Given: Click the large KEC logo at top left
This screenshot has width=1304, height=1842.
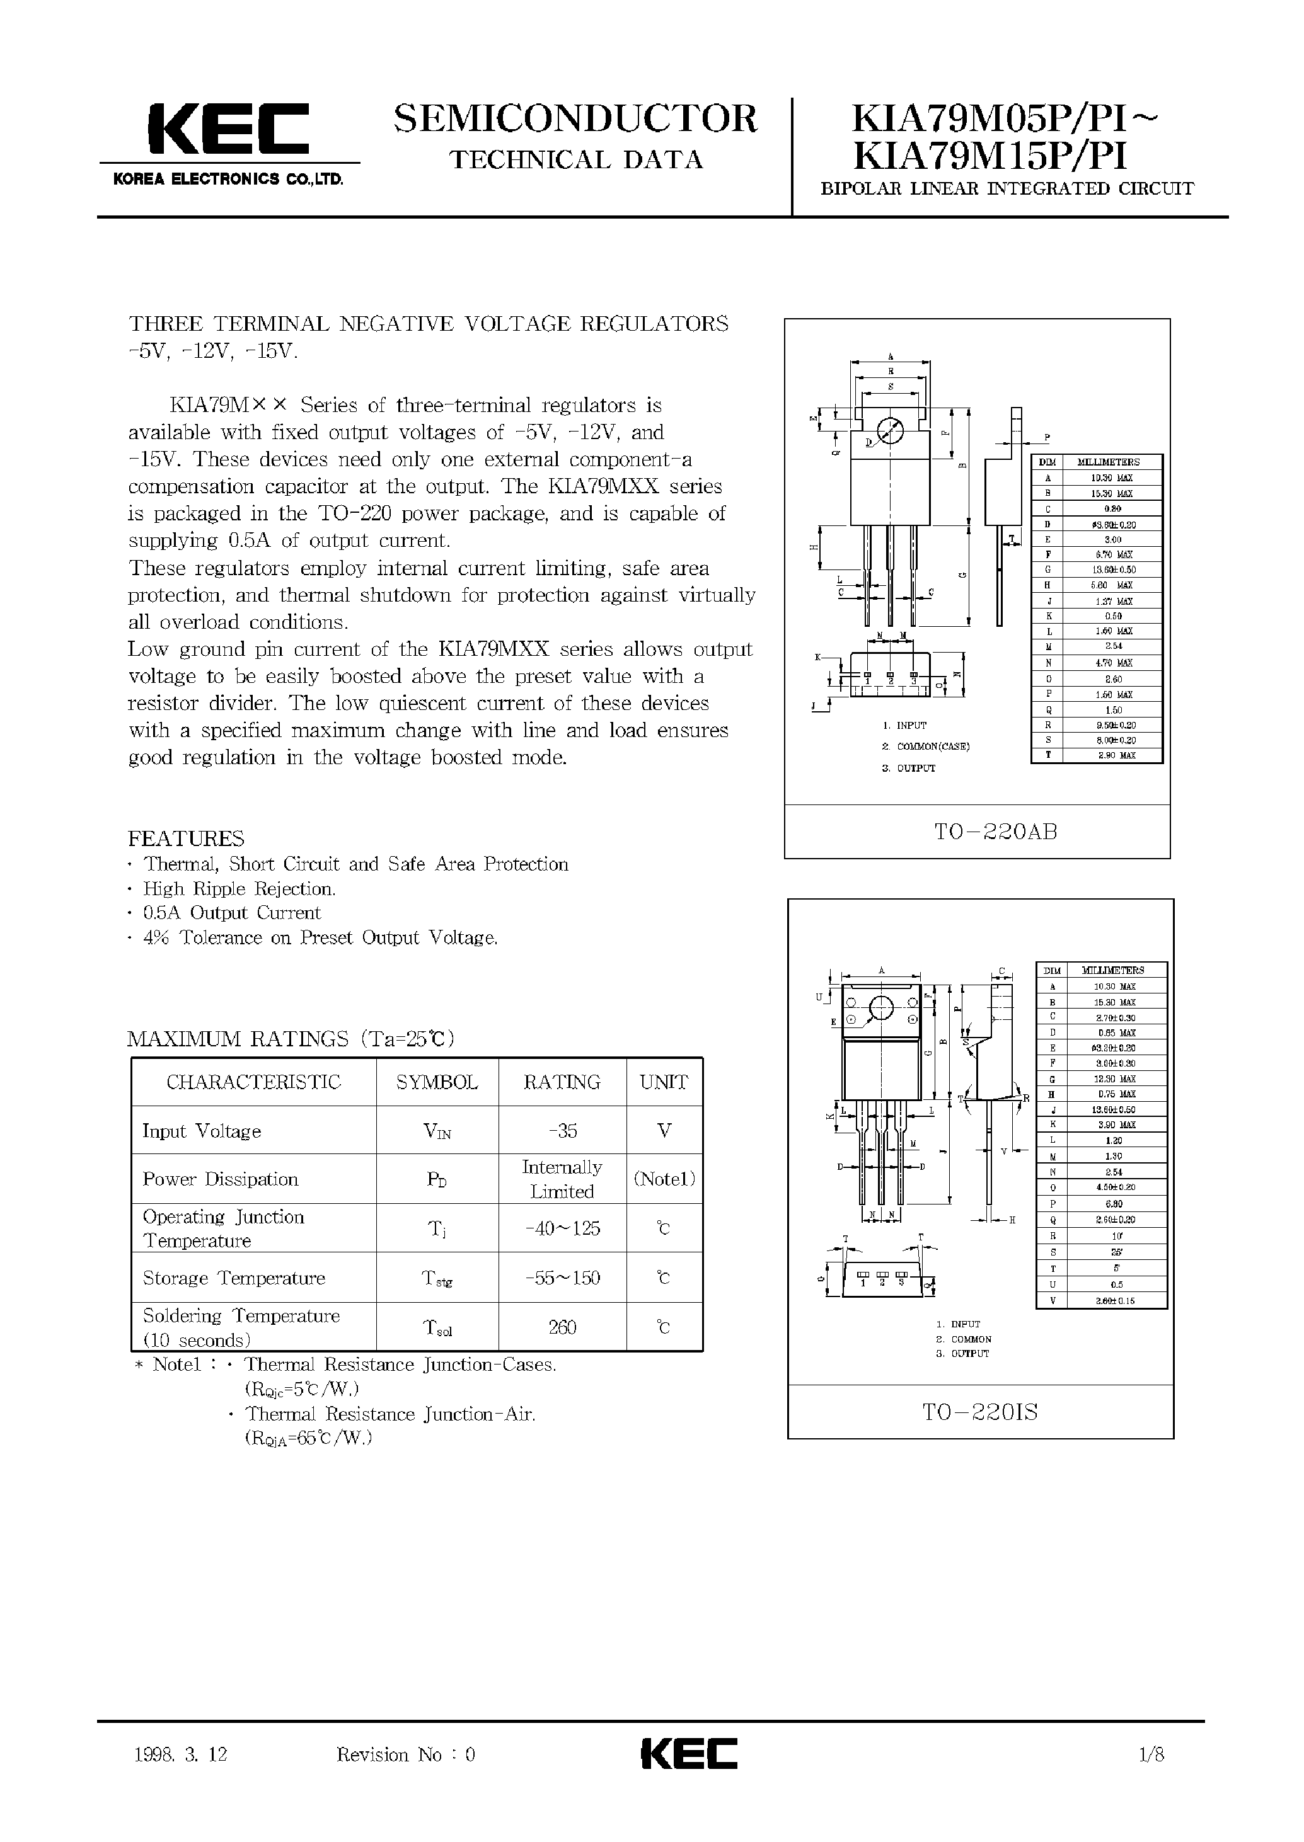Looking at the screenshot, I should pyautogui.click(x=228, y=129).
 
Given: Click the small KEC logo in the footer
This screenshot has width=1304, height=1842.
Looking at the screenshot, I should pyautogui.click(x=689, y=1754).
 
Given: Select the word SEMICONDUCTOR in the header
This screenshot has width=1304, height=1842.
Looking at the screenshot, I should pyautogui.click(x=575, y=119).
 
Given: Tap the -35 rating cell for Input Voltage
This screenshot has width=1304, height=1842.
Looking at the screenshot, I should pyautogui.click(x=562, y=1131).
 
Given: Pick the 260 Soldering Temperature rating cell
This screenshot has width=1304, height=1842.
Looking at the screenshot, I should pyautogui.click(x=562, y=1327).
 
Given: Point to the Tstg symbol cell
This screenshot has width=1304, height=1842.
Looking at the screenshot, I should pyautogui.click(x=437, y=1279).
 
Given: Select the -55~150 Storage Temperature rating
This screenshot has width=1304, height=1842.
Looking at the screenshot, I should pyautogui.click(x=562, y=1278).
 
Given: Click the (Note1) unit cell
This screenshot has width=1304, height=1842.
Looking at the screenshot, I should pyautogui.click(x=664, y=1179).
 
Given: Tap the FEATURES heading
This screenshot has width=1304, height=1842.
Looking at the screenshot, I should pyautogui.click(x=187, y=838).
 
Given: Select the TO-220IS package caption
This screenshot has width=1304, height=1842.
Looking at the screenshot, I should pyautogui.click(x=981, y=1412).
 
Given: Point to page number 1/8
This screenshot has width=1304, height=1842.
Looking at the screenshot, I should pyautogui.click(x=1151, y=1754).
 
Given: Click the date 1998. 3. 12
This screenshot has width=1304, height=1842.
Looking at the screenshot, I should pyautogui.click(x=182, y=1755).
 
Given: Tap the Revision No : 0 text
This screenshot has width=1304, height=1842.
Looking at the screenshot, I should pyautogui.click(x=405, y=1755).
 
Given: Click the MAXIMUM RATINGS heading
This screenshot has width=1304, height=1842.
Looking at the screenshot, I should pyautogui.click(x=291, y=1039).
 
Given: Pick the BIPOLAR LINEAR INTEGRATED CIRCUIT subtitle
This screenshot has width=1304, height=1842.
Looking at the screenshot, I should pyautogui.click(x=1007, y=190).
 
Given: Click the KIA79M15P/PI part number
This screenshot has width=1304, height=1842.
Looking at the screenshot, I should pyautogui.click(x=990, y=156).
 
